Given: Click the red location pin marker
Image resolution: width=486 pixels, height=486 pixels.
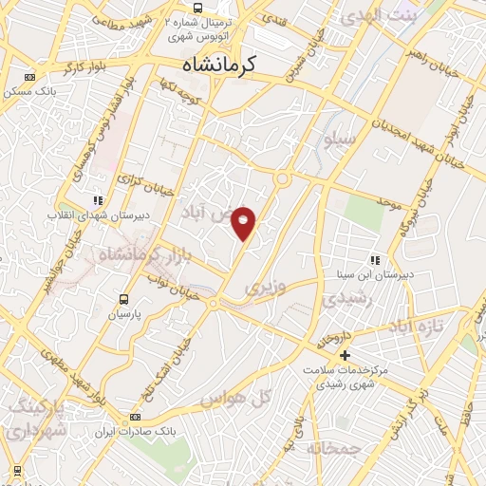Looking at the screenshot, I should click(244, 223).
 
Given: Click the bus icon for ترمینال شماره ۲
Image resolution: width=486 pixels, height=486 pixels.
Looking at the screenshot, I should click(196, 7).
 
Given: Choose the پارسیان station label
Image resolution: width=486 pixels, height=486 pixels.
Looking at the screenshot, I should click(122, 313).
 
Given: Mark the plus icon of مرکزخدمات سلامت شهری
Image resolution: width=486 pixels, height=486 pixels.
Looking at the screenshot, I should click(345, 355).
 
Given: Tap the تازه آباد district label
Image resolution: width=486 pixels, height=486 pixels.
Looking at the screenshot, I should click(415, 327).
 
